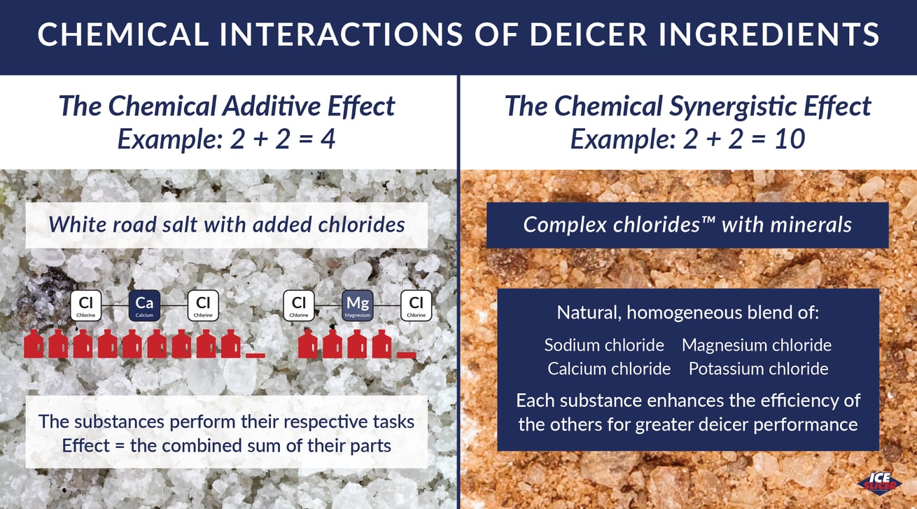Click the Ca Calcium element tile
coord(144,305)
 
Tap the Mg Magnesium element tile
coord(358,305)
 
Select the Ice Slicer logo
coord(879,484)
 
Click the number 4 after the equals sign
coord(328,139)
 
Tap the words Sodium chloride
coord(604,344)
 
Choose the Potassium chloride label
coord(759,368)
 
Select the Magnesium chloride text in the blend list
coord(757,344)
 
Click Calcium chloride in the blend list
coord(609,368)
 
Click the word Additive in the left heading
coord(271,106)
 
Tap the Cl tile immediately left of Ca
coord(85,305)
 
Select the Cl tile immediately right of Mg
coord(416,305)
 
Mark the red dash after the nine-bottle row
coord(255,355)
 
